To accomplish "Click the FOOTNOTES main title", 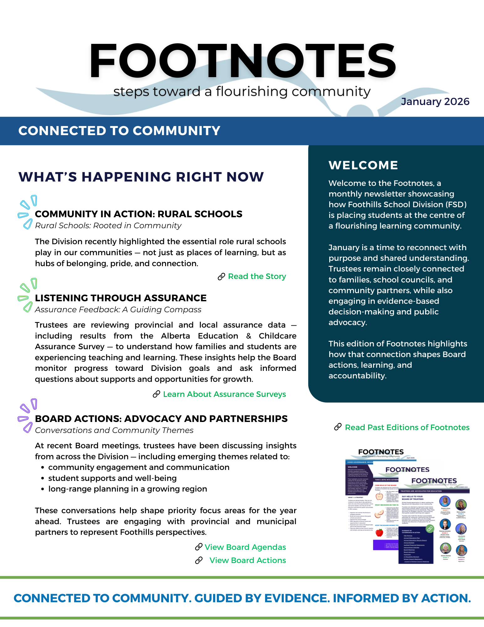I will click(x=243, y=61).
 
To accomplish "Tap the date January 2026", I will click(x=435, y=102).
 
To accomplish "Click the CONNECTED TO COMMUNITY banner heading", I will click(x=119, y=131).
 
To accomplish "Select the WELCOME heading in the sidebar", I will click(x=363, y=165).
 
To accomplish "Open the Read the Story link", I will click(x=257, y=277).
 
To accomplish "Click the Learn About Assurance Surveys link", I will click(x=224, y=394).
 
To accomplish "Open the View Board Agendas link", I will click(x=245, y=547).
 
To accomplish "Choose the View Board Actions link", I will click(x=247, y=560).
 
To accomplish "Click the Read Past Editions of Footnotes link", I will click(x=407, y=427).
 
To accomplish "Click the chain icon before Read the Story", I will click(x=221, y=277).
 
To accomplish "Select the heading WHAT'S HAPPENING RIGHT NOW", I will click(x=141, y=177).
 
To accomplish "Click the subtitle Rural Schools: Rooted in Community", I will click(x=108, y=226).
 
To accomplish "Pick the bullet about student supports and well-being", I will click(x=112, y=478).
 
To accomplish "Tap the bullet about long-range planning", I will click(x=128, y=489).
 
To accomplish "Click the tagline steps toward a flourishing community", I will click(x=242, y=92).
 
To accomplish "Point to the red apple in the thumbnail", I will click(x=379, y=532).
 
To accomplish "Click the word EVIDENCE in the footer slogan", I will click(x=296, y=598).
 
